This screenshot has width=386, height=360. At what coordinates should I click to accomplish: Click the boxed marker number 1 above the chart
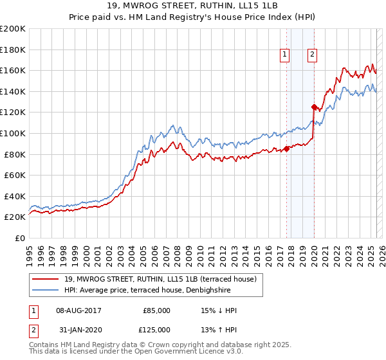click(284, 55)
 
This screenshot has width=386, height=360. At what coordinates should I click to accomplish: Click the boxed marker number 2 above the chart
click(312, 55)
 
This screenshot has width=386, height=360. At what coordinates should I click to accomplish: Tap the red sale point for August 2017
click(286, 149)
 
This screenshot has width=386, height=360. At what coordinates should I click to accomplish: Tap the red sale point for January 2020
click(314, 107)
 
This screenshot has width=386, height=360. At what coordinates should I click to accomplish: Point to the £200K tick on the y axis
click(13, 29)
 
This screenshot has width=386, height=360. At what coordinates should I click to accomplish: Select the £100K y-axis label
click(13, 133)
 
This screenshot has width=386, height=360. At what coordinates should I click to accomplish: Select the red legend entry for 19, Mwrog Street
click(160, 279)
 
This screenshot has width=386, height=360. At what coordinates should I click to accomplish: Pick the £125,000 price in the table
click(156, 330)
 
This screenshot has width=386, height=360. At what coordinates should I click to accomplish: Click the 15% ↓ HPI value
click(219, 310)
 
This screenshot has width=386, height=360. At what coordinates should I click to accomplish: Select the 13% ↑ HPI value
click(219, 330)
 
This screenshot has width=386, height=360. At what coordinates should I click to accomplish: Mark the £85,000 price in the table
click(156, 310)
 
